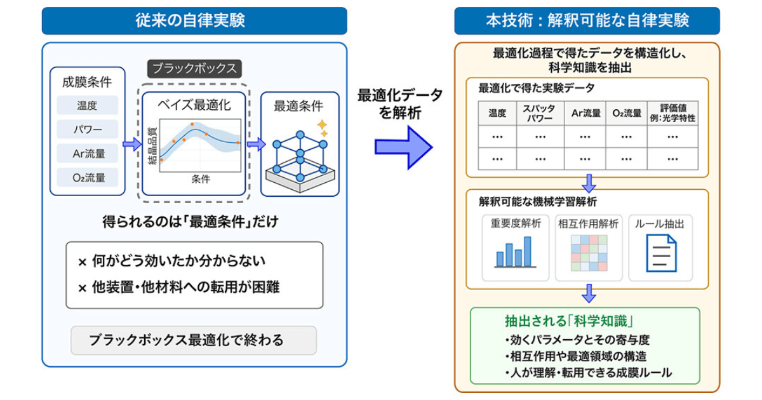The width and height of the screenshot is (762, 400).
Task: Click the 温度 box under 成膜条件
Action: [88, 105]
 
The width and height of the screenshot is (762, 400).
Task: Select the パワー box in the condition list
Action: [88, 130]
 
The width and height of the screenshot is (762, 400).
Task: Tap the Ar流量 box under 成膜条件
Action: [88, 154]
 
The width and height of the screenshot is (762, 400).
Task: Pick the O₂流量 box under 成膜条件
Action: [88, 178]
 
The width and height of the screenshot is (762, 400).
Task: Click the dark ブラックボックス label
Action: [194, 69]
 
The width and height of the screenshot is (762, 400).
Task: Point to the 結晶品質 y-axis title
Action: [153, 146]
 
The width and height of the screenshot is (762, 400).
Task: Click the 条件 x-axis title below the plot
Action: [201, 179]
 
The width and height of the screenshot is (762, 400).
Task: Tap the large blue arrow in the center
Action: [403, 147]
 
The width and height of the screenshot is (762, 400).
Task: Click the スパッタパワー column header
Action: [540, 113]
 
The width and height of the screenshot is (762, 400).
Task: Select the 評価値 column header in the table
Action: [672, 113]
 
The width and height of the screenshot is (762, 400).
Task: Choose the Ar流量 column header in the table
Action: [585, 113]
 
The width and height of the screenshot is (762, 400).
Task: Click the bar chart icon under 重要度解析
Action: [515, 252]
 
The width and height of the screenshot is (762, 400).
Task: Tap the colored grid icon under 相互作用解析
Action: [589, 253]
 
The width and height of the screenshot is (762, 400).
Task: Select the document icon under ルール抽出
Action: [661, 253]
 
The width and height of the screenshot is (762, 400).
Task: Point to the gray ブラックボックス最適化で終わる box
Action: [194, 340]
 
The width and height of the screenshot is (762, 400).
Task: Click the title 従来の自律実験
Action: [190, 20]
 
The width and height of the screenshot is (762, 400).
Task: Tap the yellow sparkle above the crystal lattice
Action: [323, 128]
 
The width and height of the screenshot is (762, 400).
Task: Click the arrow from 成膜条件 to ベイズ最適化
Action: [132, 144]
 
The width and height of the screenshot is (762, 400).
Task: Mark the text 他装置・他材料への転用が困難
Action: [185, 288]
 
